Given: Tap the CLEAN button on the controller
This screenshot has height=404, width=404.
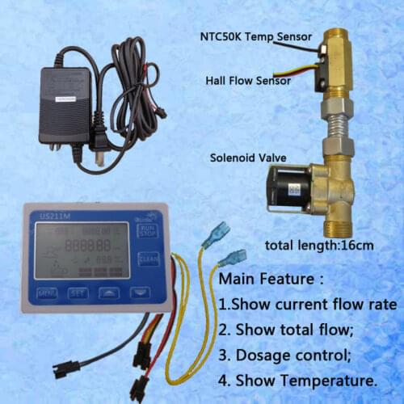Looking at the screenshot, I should point(147,258).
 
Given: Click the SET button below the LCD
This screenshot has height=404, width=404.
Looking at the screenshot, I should point(78,292).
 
